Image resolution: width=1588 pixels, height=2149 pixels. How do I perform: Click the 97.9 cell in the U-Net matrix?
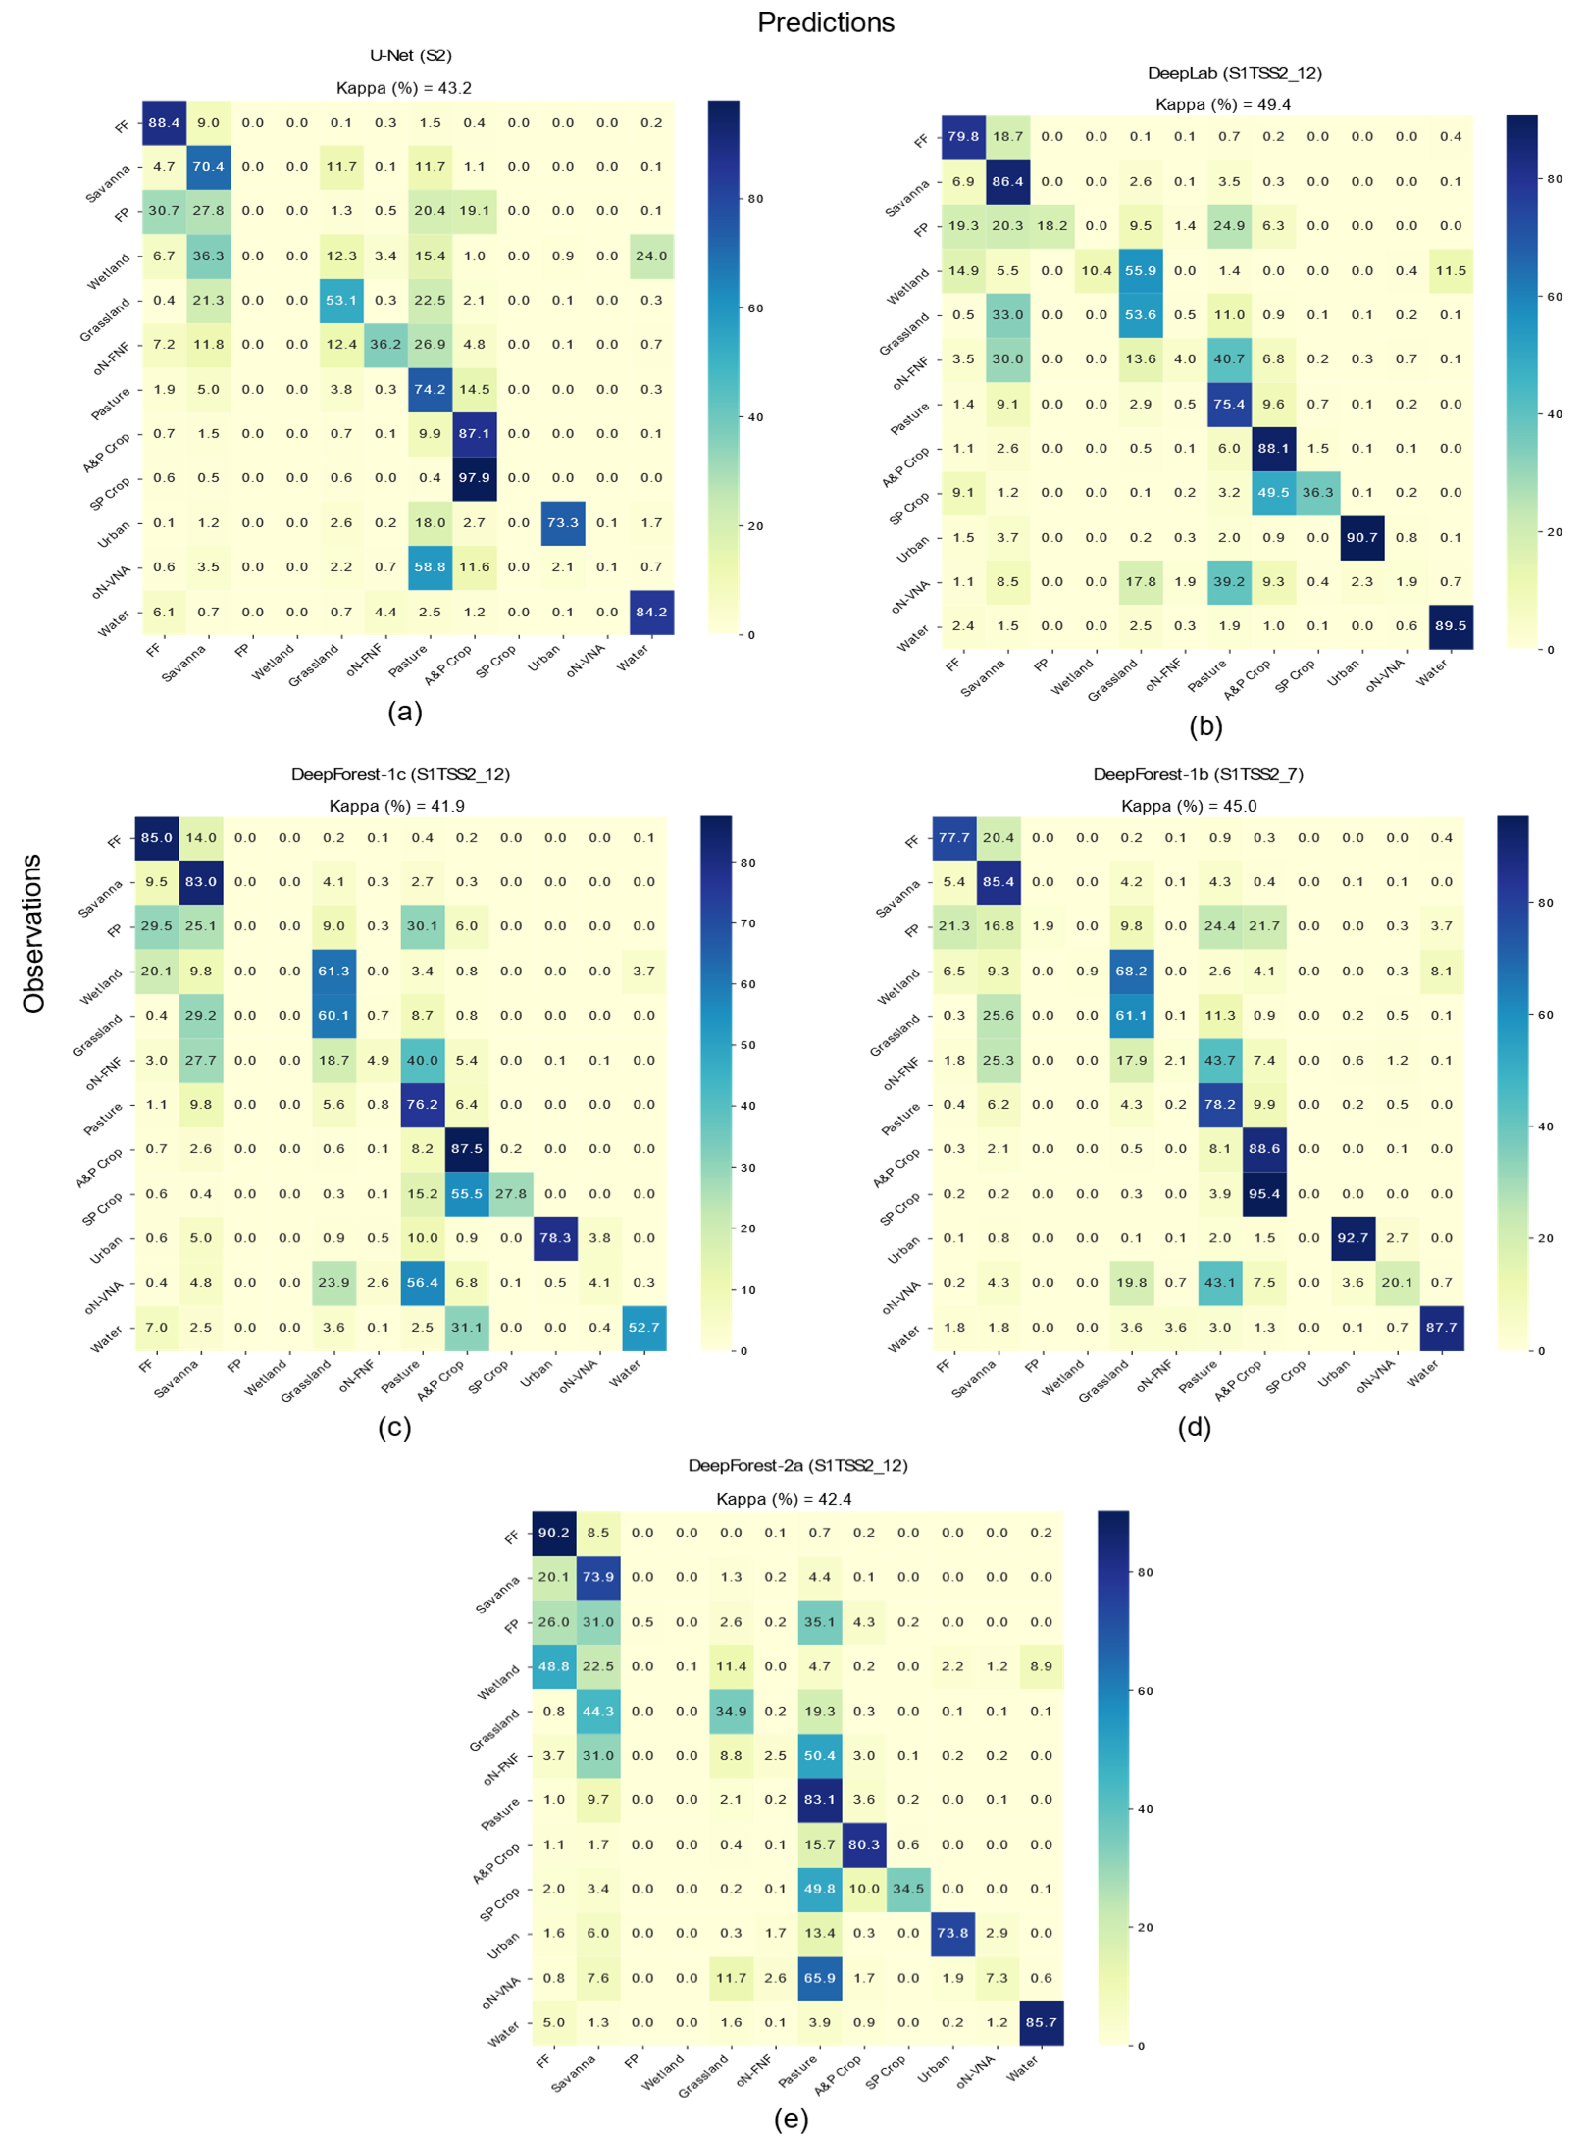[x=474, y=478]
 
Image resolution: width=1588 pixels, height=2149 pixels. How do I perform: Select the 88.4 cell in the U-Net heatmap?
[x=164, y=123]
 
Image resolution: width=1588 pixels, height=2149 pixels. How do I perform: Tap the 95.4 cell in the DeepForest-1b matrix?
[x=1264, y=1194]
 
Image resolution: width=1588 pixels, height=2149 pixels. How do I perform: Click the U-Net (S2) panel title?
[x=410, y=56]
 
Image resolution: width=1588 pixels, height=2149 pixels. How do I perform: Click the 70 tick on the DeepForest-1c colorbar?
[x=748, y=923]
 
